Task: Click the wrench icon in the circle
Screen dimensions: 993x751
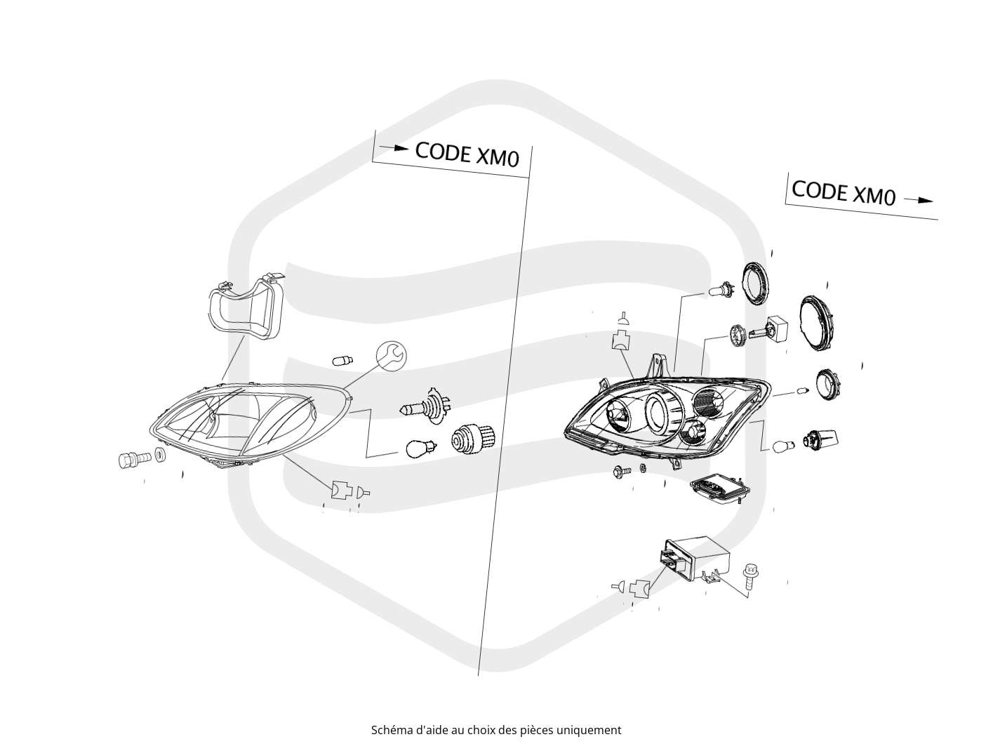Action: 392,354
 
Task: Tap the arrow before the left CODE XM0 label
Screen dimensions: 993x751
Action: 393,147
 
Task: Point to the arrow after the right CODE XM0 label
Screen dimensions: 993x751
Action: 918,200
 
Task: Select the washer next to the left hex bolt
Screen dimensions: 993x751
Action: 160,454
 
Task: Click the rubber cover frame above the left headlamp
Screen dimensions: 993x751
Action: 246,307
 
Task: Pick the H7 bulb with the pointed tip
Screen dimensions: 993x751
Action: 426,406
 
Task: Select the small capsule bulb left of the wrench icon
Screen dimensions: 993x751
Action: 342,361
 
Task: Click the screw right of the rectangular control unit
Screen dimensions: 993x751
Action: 749,576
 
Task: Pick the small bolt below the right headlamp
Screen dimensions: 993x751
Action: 622,472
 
